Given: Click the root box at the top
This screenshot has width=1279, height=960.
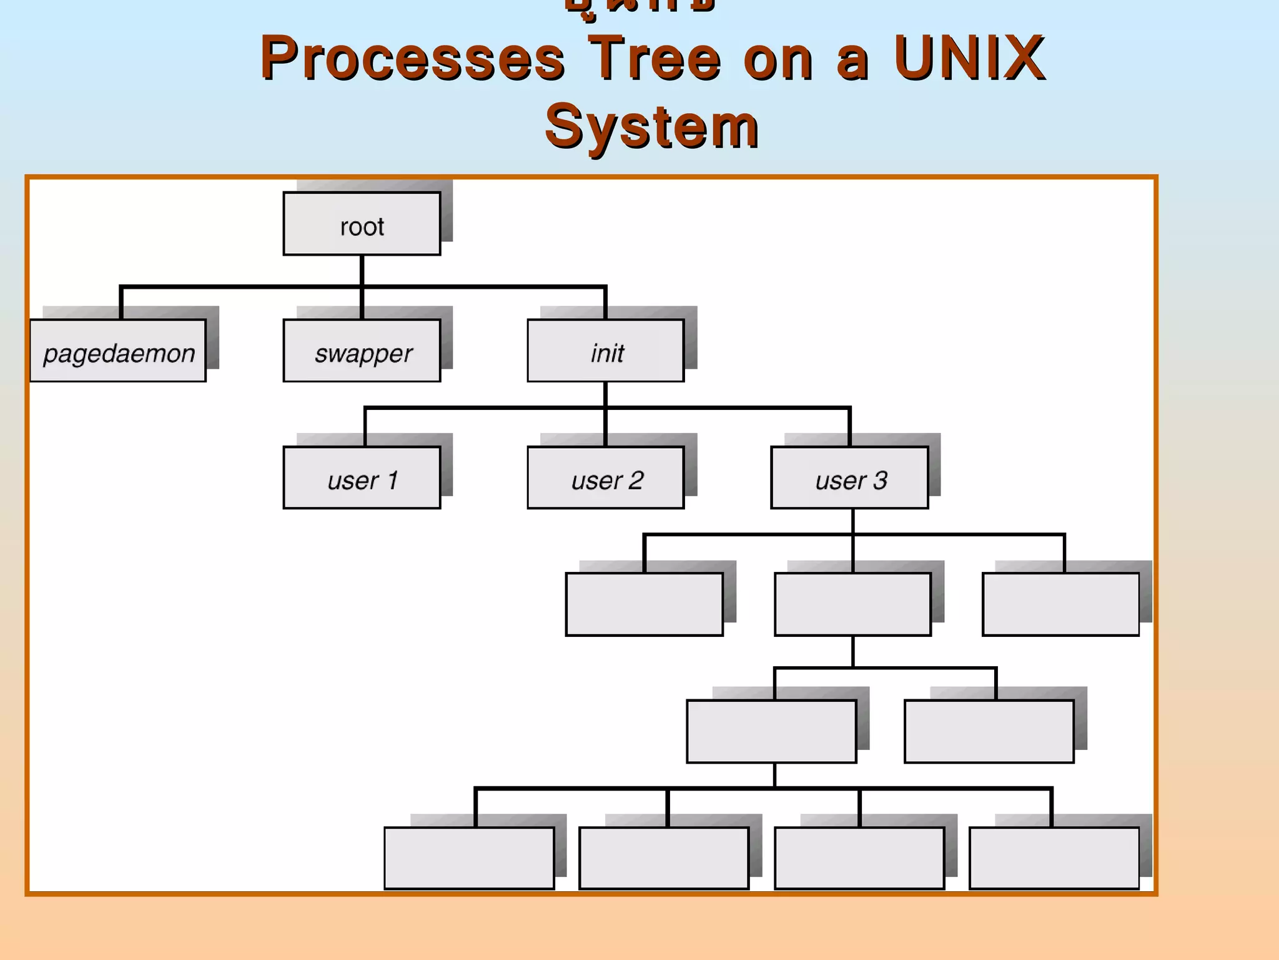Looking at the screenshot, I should pyautogui.click(x=362, y=224).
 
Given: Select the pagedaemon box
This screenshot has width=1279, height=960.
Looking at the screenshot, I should pyautogui.click(x=118, y=351).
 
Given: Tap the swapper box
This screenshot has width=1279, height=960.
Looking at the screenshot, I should pyautogui.click(x=362, y=351).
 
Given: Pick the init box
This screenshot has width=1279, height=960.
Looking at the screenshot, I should pyautogui.click(x=606, y=351).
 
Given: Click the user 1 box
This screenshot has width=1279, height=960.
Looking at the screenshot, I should pyautogui.click(x=362, y=478).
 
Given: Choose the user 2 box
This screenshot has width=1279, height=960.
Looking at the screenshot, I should pyautogui.click(x=606, y=478).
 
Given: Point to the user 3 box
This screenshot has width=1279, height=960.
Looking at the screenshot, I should pyautogui.click(x=850, y=478).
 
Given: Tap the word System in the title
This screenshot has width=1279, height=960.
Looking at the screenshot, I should pyautogui.click(x=651, y=127).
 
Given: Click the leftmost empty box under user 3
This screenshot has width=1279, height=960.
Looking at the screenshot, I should pyautogui.click(x=644, y=604).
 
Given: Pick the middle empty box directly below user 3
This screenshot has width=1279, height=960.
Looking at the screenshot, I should pyautogui.click(x=853, y=604).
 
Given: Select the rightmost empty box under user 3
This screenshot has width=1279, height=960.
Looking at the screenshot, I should pyautogui.click(x=1060, y=604).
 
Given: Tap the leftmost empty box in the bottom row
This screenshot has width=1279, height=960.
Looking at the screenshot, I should pyautogui.click(x=469, y=858).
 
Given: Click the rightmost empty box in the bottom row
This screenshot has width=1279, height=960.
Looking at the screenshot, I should pyautogui.click(x=1054, y=858).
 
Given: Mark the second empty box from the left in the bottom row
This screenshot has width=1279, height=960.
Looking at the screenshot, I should pyautogui.click(x=664, y=858).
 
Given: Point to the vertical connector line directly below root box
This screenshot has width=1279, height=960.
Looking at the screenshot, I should pyautogui.click(x=362, y=271).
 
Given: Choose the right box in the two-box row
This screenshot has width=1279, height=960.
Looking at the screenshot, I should pyautogui.click(x=989, y=731).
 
